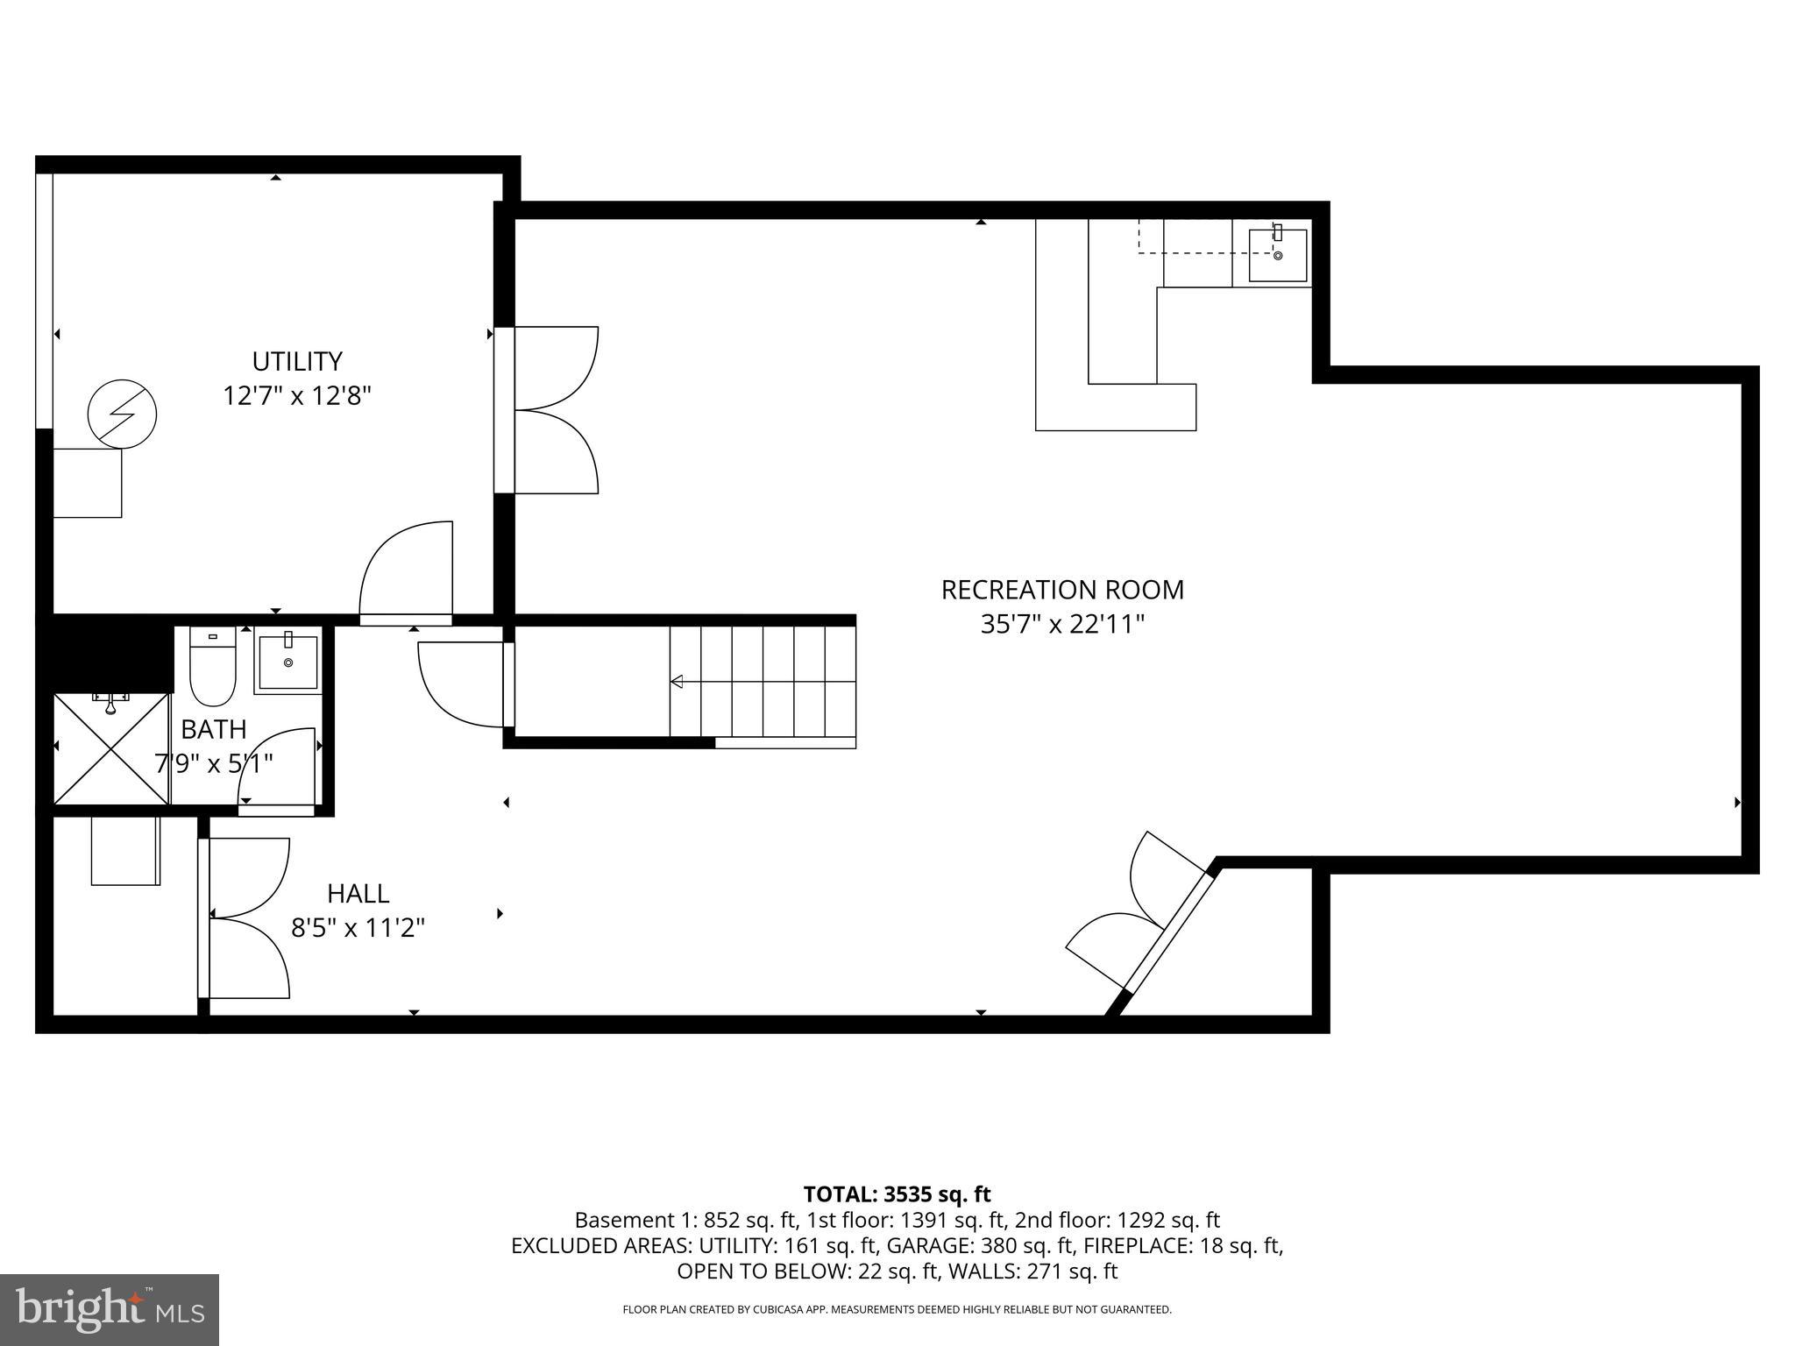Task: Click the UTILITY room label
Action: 296,361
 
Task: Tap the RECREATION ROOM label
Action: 1062,590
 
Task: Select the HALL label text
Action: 358,894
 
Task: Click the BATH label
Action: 213,729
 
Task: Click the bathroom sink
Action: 287,662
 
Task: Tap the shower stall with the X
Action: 111,748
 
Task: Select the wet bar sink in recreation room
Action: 1277,255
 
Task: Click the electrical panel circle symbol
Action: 122,414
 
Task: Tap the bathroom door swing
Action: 279,767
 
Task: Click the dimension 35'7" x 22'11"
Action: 1062,625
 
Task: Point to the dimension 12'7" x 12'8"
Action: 296,396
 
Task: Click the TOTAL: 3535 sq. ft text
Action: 897,1194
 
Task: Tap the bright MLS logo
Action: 110,1309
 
